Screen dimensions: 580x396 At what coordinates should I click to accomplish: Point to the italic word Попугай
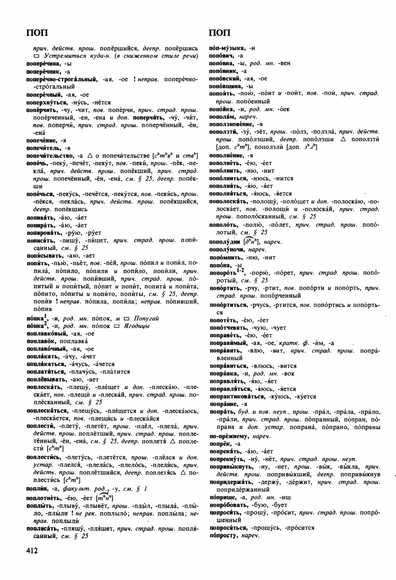click(x=146, y=318)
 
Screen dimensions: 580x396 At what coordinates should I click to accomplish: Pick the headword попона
click(x=221, y=265)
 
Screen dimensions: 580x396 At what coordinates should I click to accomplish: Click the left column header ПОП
click(x=37, y=33)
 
